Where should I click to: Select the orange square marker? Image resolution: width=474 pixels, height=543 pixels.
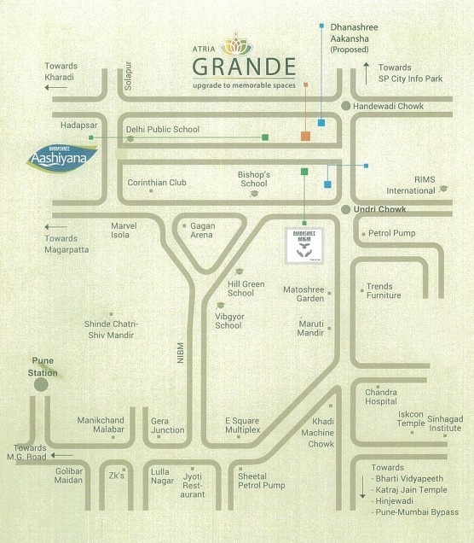[305, 136]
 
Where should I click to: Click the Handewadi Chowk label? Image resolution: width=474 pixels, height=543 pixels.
[387, 105]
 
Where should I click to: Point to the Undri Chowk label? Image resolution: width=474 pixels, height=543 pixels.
[381, 209]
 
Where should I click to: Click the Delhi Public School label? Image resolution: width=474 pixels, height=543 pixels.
[162, 130]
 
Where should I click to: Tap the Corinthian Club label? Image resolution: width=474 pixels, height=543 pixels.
[156, 182]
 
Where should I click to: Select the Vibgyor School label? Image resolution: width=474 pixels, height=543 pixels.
[228, 320]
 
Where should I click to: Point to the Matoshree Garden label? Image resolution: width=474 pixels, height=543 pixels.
[303, 295]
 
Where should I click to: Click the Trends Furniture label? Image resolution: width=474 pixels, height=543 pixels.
[384, 291]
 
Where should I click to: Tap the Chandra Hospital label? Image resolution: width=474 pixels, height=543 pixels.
[381, 396]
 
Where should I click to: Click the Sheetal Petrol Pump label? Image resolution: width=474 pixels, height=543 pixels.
[262, 480]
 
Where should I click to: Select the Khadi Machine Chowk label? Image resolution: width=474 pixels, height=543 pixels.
[322, 433]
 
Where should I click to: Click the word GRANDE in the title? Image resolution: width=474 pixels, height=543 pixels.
[244, 66]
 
